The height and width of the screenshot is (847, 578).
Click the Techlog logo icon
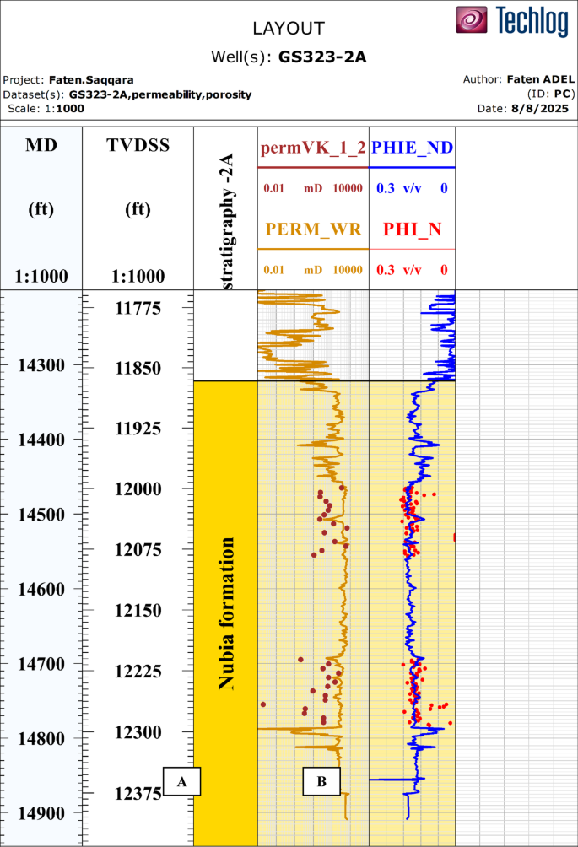point(473,20)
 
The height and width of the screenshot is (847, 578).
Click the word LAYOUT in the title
point(289,29)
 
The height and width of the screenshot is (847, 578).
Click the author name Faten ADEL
point(541,78)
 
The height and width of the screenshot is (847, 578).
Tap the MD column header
point(41,145)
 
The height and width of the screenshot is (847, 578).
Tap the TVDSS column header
point(138,145)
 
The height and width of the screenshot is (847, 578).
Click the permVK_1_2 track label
point(313,148)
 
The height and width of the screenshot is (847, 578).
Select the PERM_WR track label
point(313,228)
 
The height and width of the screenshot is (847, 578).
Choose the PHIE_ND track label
point(413,148)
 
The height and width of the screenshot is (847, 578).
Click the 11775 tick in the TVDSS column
point(138,308)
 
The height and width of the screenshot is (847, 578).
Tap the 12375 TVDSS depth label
point(138,793)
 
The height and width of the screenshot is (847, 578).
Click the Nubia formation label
point(226,613)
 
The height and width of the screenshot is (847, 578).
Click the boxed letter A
point(181,781)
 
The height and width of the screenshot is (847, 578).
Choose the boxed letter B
point(321,781)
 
